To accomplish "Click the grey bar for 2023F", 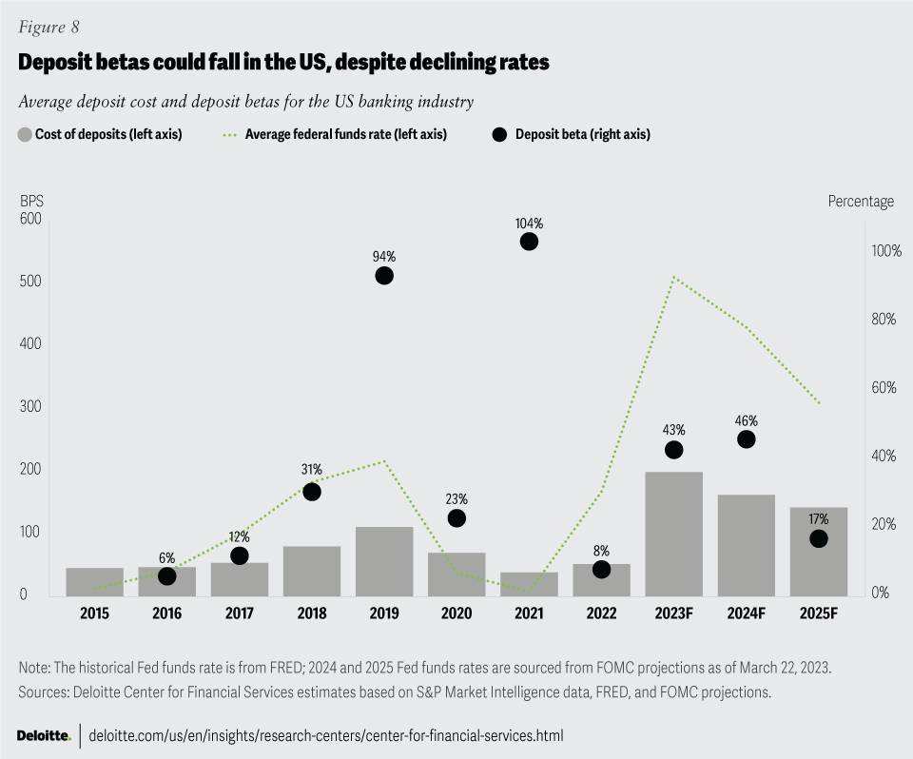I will (x=673, y=533).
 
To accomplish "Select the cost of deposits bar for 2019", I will (x=384, y=560).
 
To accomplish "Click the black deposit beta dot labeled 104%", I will (x=530, y=242).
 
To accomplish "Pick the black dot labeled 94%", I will (x=384, y=276).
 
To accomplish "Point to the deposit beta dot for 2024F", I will (x=747, y=439).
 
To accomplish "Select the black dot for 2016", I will (x=167, y=576).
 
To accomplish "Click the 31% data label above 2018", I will (x=312, y=470).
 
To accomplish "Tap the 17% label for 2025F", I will (x=819, y=519).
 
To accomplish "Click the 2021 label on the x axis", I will (x=529, y=613).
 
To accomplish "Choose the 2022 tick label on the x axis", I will (x=601, y=613).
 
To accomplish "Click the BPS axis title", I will (x=31, y=201).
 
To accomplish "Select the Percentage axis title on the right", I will (x=861, y=201).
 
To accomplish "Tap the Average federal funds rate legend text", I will (x=346, y=134).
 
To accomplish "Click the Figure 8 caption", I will (x=49, y=27).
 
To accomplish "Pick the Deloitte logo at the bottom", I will (x=44, y=735).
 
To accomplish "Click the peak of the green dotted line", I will (x=673, y=277).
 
